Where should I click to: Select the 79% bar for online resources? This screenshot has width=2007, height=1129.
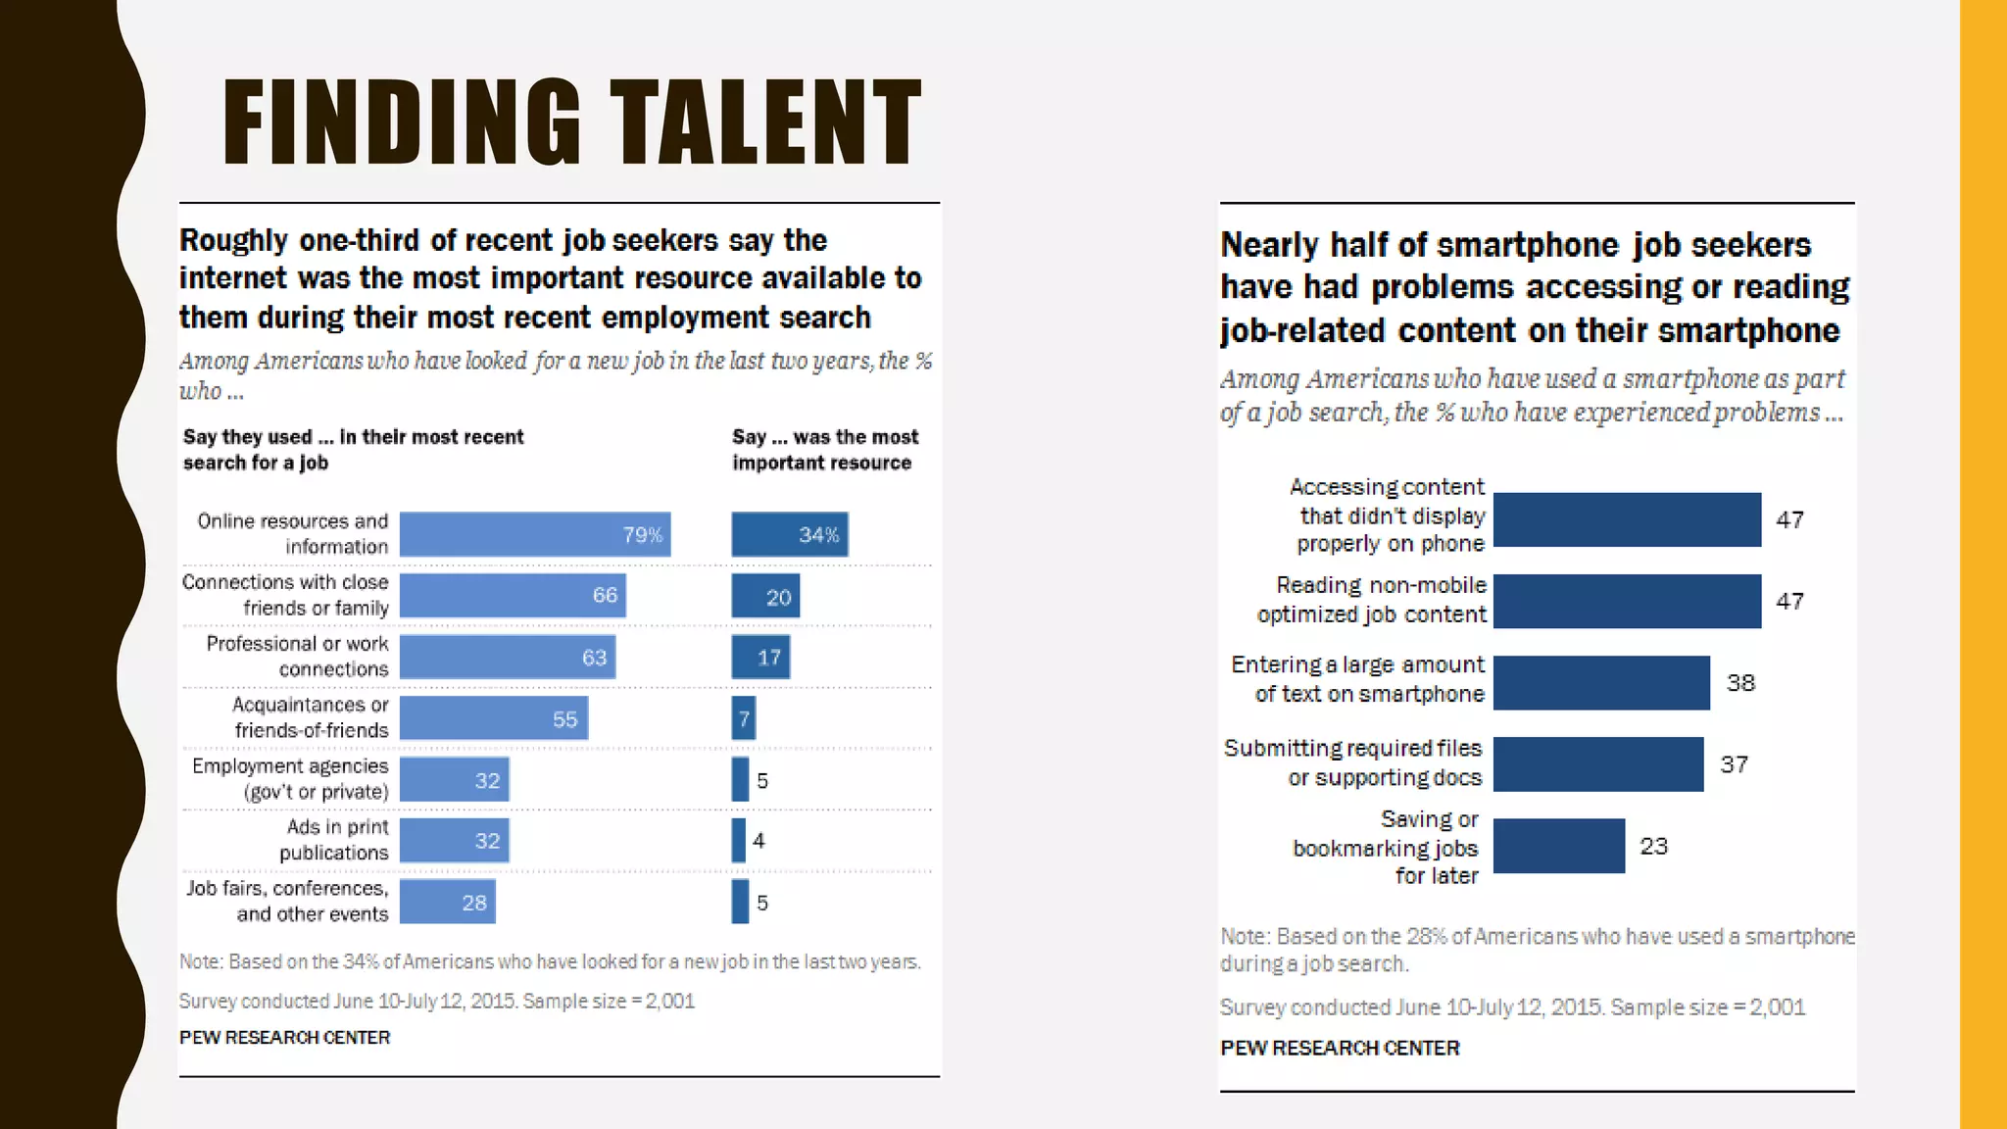click(x=534, y=534)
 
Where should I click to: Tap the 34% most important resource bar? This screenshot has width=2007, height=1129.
click(x=789, y=534)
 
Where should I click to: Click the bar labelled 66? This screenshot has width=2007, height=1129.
click(x=512, y=596)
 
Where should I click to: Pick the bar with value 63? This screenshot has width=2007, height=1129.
click(x=507, y=657)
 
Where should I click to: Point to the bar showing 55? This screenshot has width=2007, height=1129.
click(x=493, y=718)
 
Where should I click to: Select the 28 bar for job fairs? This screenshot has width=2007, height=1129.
click(x=447, y=902)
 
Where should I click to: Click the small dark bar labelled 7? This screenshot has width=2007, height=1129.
click(x=743, y=718)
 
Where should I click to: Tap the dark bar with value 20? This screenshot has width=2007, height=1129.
click(x=764, y=596)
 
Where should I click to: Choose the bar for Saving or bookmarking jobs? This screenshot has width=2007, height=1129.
click(x=1558, y=846)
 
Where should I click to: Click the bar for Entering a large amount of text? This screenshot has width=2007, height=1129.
click(x=1601, y=682)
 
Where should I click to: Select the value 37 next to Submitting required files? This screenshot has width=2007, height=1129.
click(x=1734, y=764)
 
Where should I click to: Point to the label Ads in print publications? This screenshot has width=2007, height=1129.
click(x=334, y=840)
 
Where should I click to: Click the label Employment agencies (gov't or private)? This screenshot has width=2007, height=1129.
click(x=291, y=779)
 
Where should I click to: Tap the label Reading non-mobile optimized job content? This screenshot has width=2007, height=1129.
click(x=1372, y=600)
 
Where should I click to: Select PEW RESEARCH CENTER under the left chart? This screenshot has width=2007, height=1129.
click(x=284, y=1037)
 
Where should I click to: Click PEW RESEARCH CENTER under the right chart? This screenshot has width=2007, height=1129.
click(x=1339, y=1048)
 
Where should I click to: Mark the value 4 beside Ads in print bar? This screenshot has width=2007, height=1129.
click(x=759, y=841)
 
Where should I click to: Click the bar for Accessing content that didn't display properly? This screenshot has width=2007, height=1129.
click(x=1627, y=519)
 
